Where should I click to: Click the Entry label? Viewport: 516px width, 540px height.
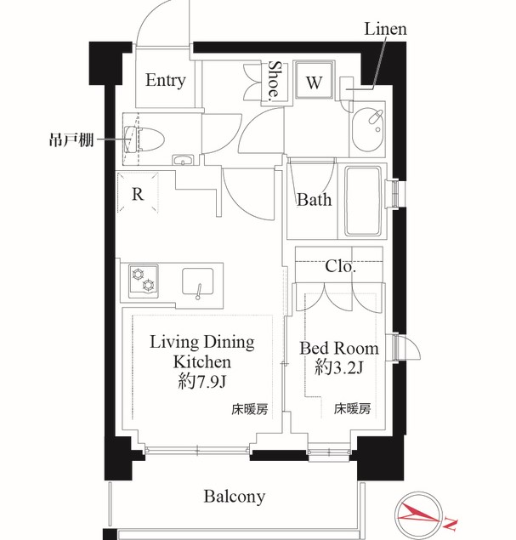point(165,81)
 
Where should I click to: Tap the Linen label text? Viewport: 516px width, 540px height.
point(385,29)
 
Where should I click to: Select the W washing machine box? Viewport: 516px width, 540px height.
point(314,83)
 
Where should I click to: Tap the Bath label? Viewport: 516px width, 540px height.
point(314,201)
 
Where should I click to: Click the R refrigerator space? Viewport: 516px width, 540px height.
point(137,193)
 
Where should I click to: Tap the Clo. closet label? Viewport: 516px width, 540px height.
point(340,266)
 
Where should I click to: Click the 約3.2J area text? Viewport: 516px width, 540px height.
point(338,369)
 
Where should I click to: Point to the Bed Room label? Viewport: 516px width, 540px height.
point(338,349)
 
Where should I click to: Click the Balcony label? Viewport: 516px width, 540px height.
point(235,496)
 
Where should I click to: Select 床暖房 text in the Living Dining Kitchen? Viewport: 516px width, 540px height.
point(249,409)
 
